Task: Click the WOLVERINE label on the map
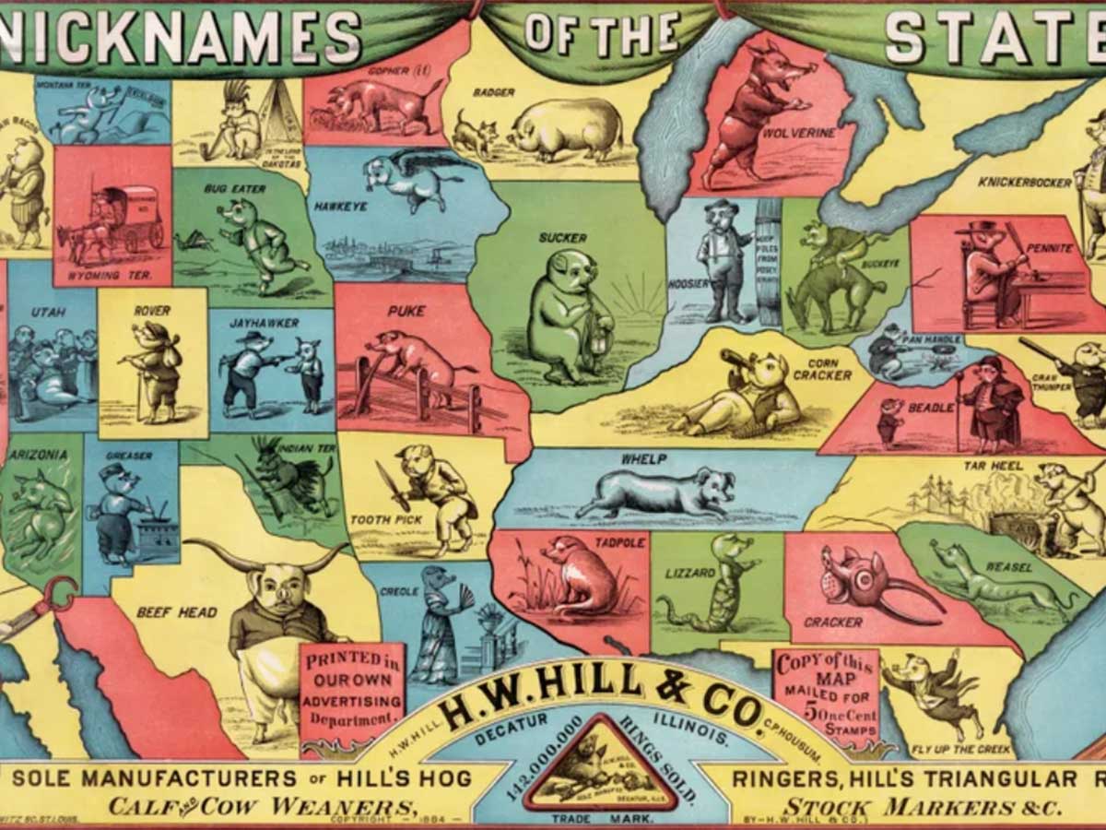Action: (x=798, y=133)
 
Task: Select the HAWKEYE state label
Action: (x=341, y=206)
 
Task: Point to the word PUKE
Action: (x=406, y=312)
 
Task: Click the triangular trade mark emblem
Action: (x=600, y=767)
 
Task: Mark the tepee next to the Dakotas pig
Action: (x=279, y=115)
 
